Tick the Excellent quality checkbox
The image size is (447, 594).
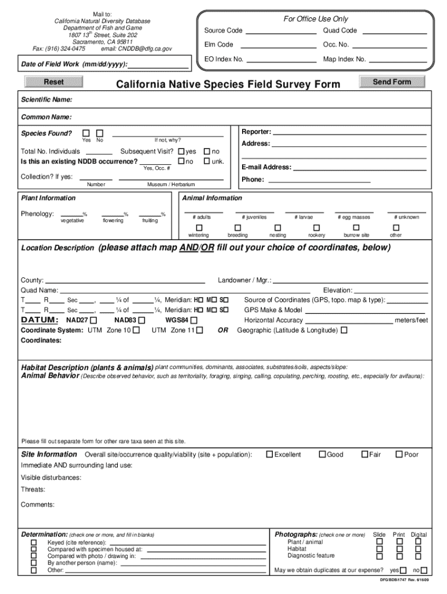[269, 454]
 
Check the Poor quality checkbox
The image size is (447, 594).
[399, 454]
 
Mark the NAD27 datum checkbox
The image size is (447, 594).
[94, 320]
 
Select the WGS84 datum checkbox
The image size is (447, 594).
[194, 320]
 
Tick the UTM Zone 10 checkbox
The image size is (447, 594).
[136, 330]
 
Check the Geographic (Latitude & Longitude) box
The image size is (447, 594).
[344, 330]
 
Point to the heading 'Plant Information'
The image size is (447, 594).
[48, 198]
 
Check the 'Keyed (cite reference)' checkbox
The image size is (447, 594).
[34, 542]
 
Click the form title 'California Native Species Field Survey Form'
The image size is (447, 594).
[228, 85]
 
